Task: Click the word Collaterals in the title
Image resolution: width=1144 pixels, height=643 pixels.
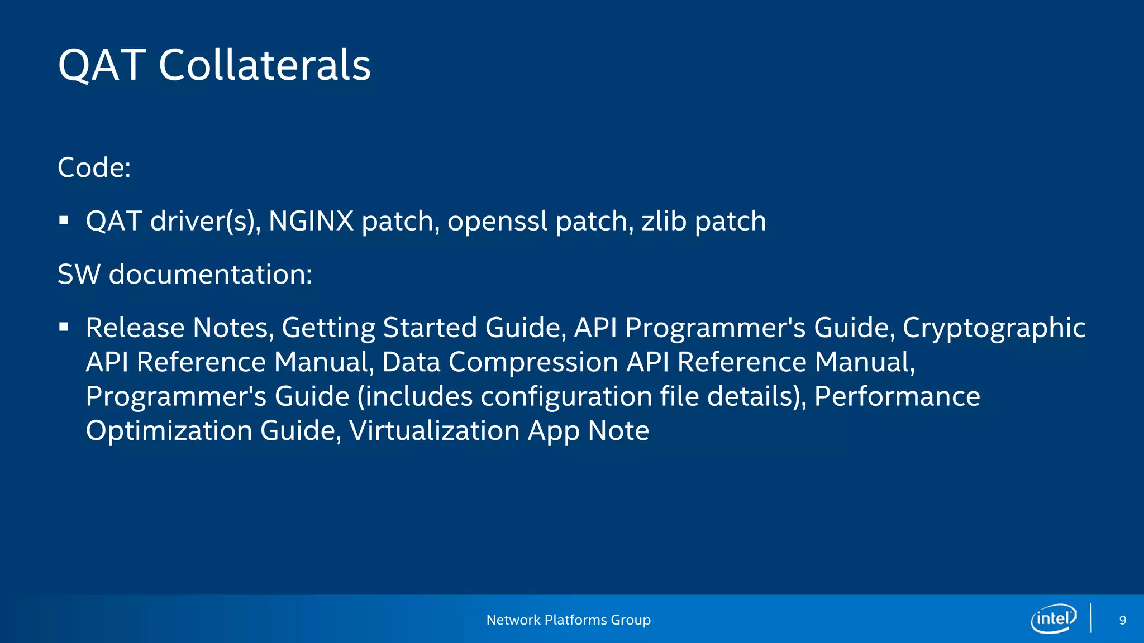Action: (265, 65)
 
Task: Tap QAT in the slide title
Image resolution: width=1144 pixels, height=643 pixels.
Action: (102, 65)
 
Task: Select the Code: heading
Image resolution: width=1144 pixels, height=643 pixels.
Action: (94, 167)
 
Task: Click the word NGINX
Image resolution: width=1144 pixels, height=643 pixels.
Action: (311, 221)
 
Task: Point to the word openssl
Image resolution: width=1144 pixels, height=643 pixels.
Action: (497, 221)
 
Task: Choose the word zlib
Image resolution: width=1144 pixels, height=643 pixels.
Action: (664, 221)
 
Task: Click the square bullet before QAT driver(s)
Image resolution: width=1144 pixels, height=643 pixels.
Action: (64, 220)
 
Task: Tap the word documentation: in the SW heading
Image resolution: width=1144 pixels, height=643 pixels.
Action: (210, 274)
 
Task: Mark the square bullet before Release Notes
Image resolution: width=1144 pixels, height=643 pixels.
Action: (64, 327)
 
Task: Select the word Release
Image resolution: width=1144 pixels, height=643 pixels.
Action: (135, 328)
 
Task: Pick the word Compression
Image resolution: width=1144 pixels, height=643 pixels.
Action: (533, 363)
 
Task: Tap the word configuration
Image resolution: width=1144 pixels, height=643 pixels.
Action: (566, 397)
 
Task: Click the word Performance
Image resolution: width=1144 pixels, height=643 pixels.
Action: (897, 397)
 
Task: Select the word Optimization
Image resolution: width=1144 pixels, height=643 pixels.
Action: (169, 431)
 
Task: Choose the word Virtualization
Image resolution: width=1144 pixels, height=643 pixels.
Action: (435, 431)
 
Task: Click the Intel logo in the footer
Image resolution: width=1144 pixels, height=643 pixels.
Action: (1053, 618)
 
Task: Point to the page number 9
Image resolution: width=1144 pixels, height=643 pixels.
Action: (1122, 620)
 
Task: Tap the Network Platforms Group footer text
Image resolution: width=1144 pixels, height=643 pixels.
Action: (568, 620)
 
